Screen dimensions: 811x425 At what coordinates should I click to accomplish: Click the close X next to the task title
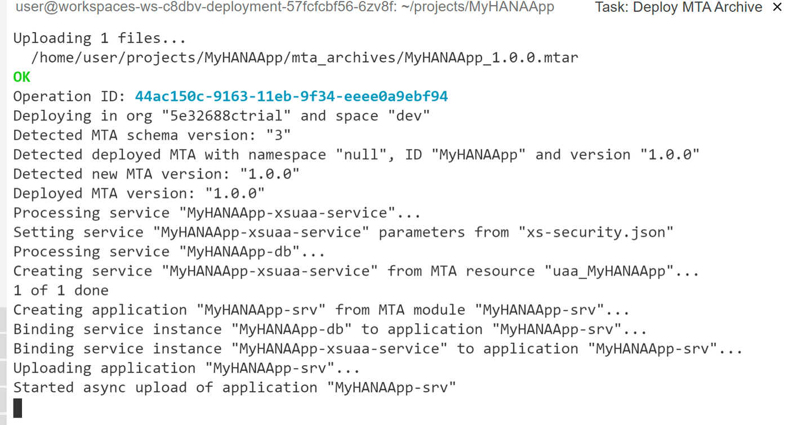tap(777, 7)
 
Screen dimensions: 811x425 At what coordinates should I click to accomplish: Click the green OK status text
tap(22, 77)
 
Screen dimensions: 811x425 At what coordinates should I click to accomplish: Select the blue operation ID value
tap(292, 96)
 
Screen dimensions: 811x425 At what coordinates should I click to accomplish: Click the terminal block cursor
tap(18, 408)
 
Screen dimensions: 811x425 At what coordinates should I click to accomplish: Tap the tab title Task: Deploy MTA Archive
tap(679, 7)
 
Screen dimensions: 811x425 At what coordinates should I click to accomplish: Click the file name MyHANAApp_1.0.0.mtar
tap(491, 58)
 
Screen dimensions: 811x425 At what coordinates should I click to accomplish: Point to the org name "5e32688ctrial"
tap(226, 116)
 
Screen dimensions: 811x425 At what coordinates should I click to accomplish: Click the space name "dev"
tap(409, 116)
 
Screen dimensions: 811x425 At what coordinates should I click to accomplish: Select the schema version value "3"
tap(278, 136)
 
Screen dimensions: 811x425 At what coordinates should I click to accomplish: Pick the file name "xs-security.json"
tap(596, 232)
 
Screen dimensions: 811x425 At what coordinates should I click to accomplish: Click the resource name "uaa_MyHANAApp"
tap(609, 271)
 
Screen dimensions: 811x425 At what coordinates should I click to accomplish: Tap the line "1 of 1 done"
tap(61, 290)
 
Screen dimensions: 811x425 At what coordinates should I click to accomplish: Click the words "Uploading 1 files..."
tap(100, 38)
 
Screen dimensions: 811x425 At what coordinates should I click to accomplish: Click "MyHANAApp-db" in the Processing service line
tap(239, 252)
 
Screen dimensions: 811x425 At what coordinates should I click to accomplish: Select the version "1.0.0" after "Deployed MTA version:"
tap(235, 193)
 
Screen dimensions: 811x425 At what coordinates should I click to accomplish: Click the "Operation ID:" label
tap(69, 96)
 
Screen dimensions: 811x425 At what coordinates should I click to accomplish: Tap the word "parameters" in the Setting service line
tap(422, 232)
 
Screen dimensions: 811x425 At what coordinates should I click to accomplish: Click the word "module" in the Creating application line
tap(439, 310)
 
